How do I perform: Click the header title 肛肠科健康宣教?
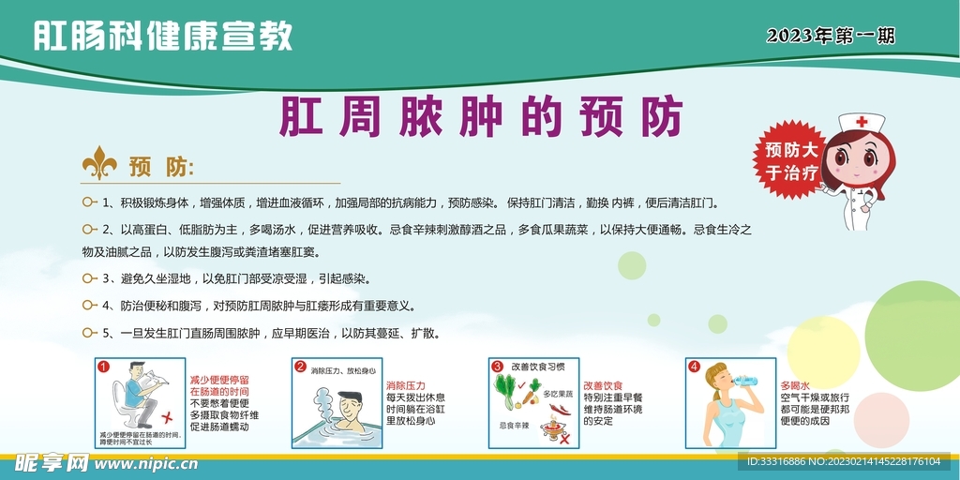[x=163, y=36]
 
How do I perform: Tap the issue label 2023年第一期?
[x=830, y=37]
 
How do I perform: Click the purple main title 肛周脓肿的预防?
[x=481, y=117]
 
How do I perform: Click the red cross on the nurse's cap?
[x=861, y=122]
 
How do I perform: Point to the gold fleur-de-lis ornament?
[x=99, y=164]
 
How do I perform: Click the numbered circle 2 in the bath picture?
[x=300, y=367]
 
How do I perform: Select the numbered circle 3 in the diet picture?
[x=498, y=367]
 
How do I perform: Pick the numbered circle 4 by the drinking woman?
[x=694, y=367]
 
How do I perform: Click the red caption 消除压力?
[x=406, y=385]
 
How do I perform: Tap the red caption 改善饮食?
[x=603, y=385]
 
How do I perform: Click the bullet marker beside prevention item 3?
[x=90, y=278]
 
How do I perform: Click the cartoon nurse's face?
[x=859, y=159]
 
